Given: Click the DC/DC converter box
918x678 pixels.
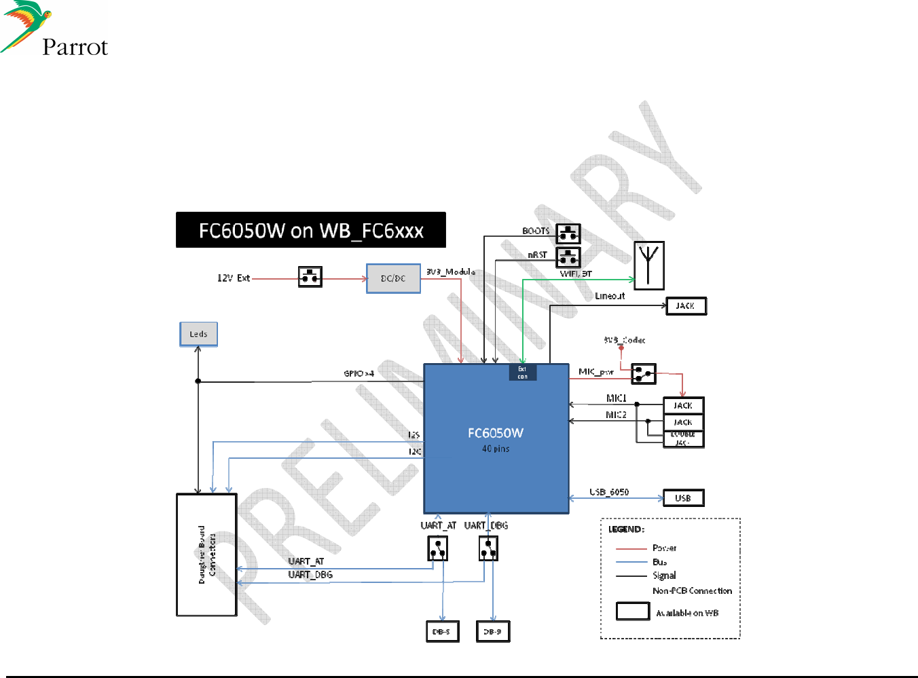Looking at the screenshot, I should (x=393, y=278).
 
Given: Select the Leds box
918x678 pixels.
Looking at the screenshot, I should (x=198, y=334).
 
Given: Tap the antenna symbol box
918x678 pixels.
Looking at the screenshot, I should (x=648, y=265).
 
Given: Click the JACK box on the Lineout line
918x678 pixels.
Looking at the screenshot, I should (x=686, y=306).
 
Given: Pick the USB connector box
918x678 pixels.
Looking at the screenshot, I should (x=683, y=498).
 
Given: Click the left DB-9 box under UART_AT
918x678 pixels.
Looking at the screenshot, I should (x=441, y=631).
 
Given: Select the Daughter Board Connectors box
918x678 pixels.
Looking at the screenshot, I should (x=206, y=554).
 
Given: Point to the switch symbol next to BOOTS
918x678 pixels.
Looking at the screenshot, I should (x=568, y=233).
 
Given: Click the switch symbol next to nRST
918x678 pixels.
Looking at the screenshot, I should (x=568, y=257).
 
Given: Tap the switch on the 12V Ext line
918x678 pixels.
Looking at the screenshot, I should (x=310, y=276).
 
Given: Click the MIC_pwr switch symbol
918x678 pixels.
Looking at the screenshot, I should (x=643, y=373).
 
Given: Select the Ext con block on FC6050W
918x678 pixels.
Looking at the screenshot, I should (x=522, y=373).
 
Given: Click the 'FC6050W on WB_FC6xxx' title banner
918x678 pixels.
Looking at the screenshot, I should (x=310, y=230).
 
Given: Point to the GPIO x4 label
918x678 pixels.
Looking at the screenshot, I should (x=359, y=373).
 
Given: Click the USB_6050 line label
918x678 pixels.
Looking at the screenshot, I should (x=608, y=491).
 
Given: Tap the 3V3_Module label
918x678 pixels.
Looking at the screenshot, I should (x=450, y=271).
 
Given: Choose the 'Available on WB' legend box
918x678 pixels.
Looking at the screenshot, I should (x=632, y=611).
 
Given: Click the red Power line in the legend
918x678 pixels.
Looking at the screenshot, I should (x=631, y=548).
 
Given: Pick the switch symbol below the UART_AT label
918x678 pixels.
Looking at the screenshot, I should (x=437, y=548).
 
